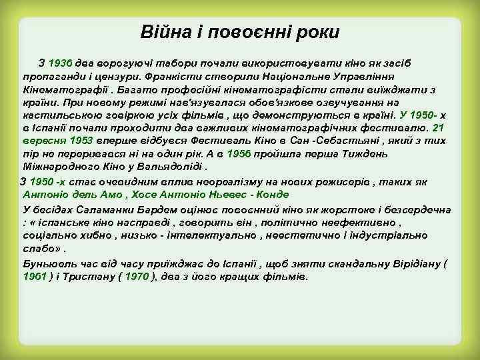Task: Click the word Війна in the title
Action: point(162,32)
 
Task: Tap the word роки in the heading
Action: point(317,32)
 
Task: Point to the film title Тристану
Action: point(91,277)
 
